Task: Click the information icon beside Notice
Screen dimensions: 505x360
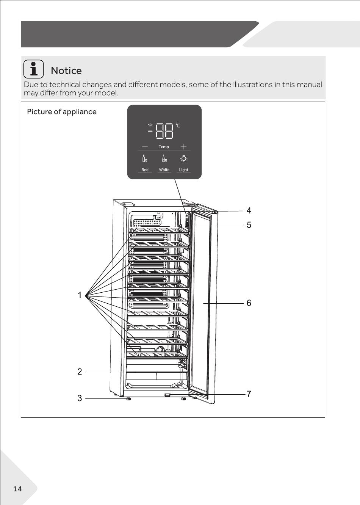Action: [x=34, y=69]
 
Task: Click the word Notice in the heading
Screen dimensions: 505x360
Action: [x=66, y=71]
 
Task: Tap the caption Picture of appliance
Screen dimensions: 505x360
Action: [x=62, y=111]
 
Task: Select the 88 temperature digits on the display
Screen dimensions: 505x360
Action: [x=164, y=130]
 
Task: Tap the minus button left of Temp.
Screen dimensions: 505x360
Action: [x=145, y=147]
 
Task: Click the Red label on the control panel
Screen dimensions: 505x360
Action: [x=145, y=170]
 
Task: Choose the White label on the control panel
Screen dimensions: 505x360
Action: [x=164, y=170]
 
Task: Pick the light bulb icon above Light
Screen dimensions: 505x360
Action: [x=183, y=158]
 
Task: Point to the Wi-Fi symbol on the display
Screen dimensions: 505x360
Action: [x=150, y=125]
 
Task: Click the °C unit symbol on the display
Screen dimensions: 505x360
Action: [x=177, y=125]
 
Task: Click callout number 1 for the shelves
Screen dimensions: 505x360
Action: [x=80, y=295]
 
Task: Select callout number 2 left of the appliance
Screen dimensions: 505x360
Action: [x=80, y=372]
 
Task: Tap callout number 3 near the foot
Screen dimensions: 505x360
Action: [x=80, y=398]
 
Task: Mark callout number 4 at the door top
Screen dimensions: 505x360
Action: [x=249, y=210]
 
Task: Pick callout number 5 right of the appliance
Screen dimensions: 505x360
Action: [x=249, y=225]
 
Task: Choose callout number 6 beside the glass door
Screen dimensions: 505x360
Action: [x=249, y=303]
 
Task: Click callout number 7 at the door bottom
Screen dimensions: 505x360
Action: [x=249, y=394]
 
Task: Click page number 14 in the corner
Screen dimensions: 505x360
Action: [x=17, y=489]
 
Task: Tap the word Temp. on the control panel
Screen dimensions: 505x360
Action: [x=164, y=147]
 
